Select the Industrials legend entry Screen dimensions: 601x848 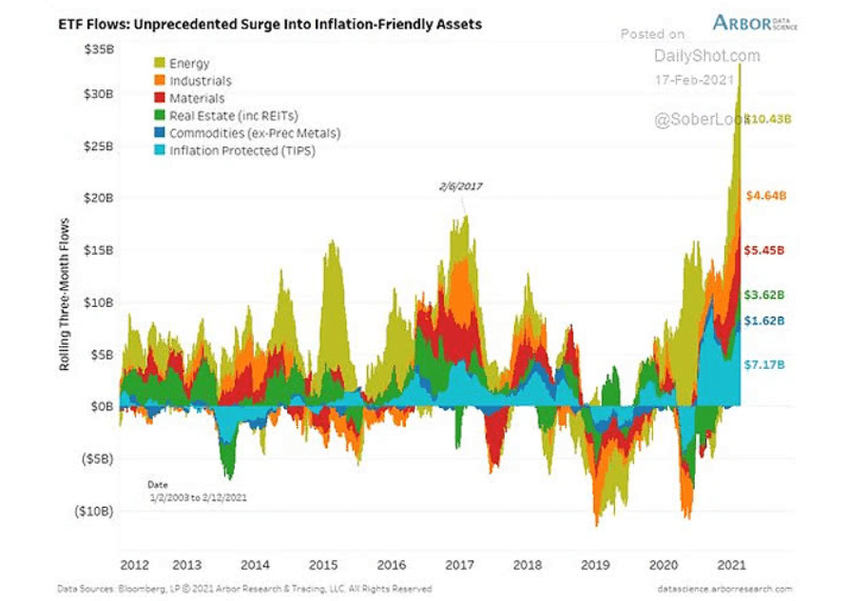pyautogui.click(x=200, y=81)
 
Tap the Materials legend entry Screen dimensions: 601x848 pyautogui.click(x=197, y=98)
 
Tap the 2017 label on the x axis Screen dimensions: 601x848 pyautogui.click(x=460, y=564)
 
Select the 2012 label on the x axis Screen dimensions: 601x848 pyautogui.click(x=134, y=564)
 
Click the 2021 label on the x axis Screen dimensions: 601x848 pyautogui.click(x=729, y=564)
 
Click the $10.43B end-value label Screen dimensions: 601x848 pyautogui.click(x=766, y=119)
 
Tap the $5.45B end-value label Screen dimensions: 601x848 pyautogui.click(x=764, y=250)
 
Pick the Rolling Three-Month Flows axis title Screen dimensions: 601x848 pyautogui.click(x=66, y=295)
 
